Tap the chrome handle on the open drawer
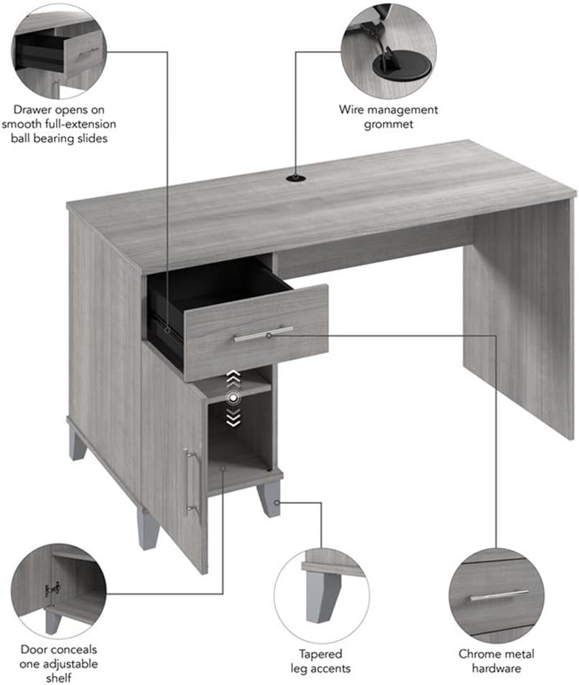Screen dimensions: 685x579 pos(263,334)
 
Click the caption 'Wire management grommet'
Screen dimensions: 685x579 pos(388,117)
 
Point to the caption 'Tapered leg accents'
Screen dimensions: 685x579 pos(321,661)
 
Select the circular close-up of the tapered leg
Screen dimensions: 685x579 pos(322,588)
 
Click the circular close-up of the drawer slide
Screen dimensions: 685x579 pos(59,52)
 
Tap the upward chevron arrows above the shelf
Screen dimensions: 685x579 pos(232,377)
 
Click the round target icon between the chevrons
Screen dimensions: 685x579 pos(232,398)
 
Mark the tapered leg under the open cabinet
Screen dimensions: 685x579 pos(270,498)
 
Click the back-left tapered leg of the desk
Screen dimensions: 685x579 pos(77,445)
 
